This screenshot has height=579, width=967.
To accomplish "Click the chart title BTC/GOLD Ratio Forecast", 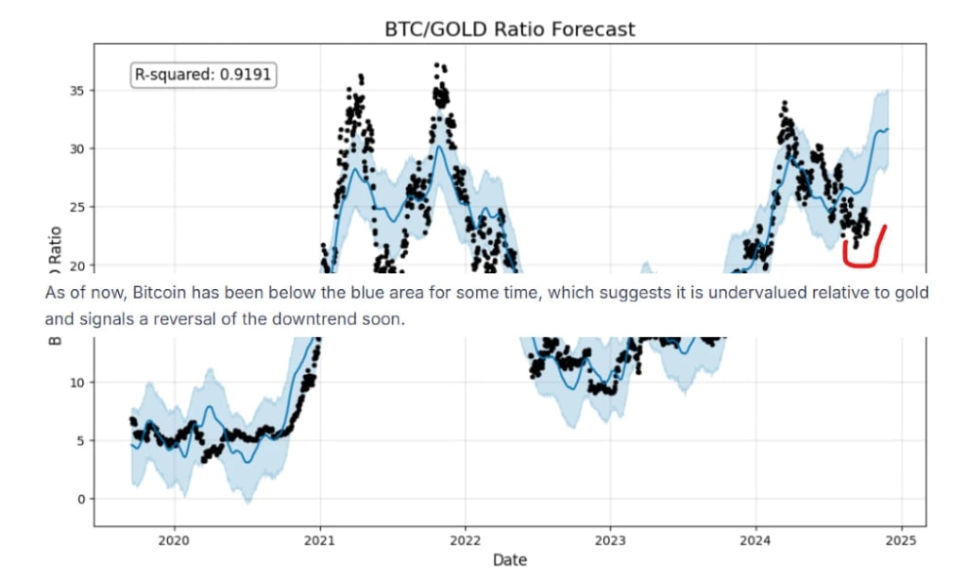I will click(x=509, y=29).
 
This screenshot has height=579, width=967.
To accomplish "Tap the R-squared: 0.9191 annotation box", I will click(x=203, y=75).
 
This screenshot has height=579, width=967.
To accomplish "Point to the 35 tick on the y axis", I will click(x=76, y=91).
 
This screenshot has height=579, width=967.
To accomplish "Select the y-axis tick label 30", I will click(x=76, y=149).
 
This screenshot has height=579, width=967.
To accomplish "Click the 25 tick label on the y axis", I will click(x=76, y=207).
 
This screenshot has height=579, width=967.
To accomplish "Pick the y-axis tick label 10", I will click(x=76, y=382).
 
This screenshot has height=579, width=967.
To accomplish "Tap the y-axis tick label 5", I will click(x=80, y=440).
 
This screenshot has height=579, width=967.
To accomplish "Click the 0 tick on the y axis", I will click(x=80, y=499).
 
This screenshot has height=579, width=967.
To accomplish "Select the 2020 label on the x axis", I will click(x=174, y=541).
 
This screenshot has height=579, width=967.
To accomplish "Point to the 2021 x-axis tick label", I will click(x=319, y=541).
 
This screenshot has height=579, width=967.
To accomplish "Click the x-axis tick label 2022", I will click(x=465, y=541).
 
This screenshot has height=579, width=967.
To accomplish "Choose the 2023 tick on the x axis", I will click(x=610, y=541).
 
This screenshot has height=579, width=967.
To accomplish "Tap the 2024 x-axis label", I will click(x=755, y=541).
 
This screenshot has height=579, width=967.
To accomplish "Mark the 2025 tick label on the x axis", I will click(x=901, y=541).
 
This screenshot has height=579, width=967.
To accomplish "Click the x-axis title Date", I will click(x=509, y=560).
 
